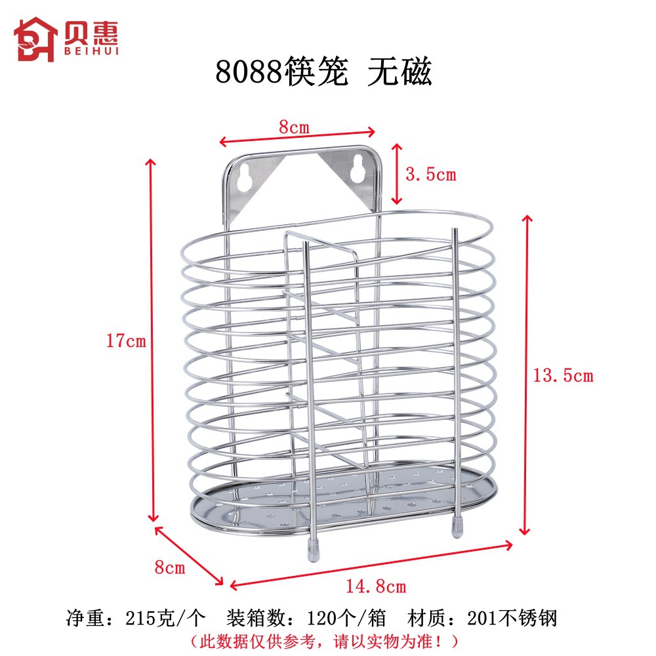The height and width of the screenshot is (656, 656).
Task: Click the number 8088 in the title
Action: point(249,73)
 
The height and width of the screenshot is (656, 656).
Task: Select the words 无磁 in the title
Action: point(399,73)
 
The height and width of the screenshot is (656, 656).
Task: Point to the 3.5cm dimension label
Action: point(430,174)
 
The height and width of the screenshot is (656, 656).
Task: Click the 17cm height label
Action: point(126,341)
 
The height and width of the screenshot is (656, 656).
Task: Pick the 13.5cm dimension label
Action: point(562,376)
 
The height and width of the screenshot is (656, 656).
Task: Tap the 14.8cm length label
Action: point(376,586)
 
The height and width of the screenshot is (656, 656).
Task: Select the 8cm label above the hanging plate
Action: point(293,127)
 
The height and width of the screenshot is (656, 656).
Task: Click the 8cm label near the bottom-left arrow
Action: point(170,567)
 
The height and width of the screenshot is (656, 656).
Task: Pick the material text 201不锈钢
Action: point(512,618)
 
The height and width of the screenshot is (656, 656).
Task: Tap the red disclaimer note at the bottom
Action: point(324,639)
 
